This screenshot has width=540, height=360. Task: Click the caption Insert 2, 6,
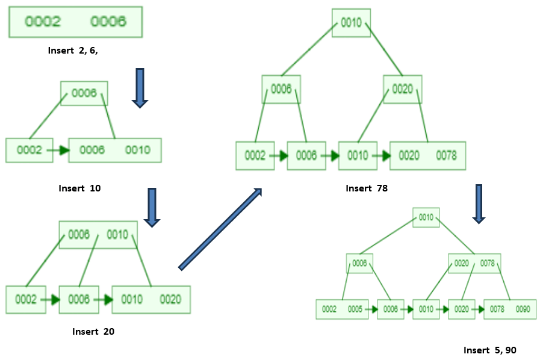coord(73,51)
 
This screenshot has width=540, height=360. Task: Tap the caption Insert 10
coord(79,188)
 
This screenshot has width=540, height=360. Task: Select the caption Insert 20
coord(93,331)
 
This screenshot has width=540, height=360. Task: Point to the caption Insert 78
coord(367,188)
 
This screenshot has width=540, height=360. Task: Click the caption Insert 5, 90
coord(490,350)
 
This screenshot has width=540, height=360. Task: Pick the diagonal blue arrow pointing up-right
coord(221,229)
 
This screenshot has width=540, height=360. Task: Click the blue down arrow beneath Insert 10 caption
coord(152,207)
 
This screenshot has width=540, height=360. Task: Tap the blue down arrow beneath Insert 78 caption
coord(479,204)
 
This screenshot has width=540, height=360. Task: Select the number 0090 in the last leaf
coord(522,309)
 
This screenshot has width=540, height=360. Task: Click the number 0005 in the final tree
coord(355,309)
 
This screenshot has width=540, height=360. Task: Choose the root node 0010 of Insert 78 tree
coord(351,23)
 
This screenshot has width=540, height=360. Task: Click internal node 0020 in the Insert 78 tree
coord(402,89)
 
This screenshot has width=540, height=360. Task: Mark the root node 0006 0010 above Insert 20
coord(98,235)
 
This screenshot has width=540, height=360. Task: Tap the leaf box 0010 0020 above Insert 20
coord(151,299)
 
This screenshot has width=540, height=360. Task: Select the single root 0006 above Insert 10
coord(84,93)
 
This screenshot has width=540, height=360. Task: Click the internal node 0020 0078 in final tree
coord(474,263)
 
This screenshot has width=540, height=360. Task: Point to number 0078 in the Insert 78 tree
coord(445,155)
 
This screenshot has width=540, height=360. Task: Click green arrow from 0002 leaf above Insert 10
coord(57,151)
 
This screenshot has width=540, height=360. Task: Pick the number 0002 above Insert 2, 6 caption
coord(43,22)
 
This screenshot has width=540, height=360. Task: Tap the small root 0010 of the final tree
coord(426,217)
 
